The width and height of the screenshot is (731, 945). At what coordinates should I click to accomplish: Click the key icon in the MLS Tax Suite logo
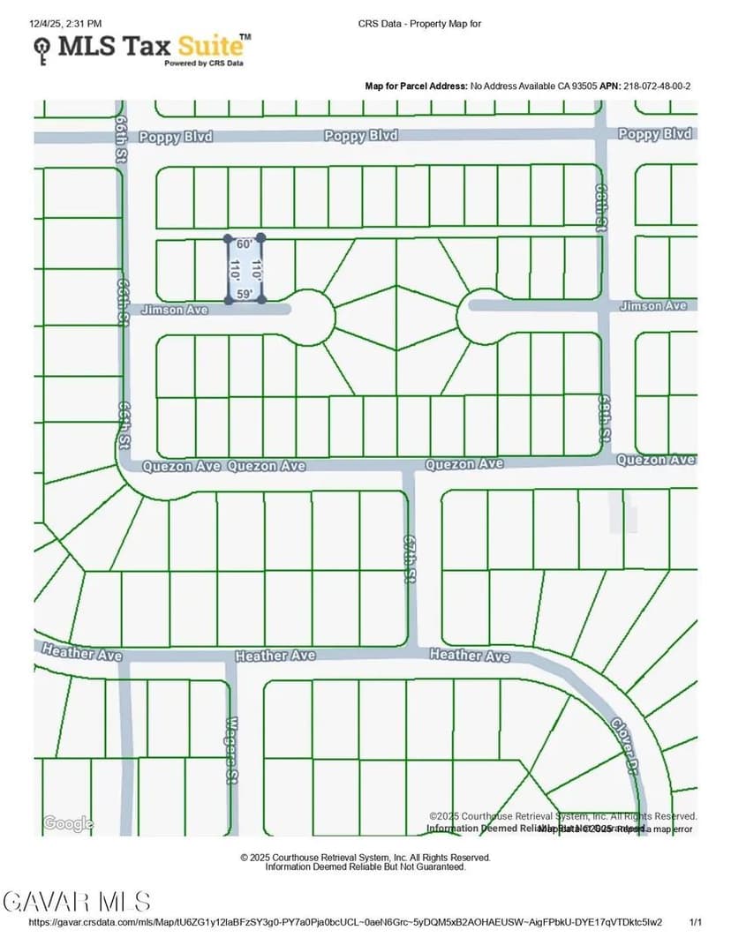coord(41,51)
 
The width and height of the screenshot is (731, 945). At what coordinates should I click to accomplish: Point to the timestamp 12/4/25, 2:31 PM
coord(65,23)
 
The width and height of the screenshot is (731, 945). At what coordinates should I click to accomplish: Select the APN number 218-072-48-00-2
coord(657,86)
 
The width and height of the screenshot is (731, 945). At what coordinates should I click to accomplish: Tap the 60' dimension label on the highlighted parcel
coord(245,244)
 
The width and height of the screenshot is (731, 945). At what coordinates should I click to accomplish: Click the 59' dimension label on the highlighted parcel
coord(245,294)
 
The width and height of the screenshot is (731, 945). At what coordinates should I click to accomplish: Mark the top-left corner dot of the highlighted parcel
coord(228,239)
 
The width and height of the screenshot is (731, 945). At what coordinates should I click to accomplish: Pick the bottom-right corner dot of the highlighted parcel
coord(261,300)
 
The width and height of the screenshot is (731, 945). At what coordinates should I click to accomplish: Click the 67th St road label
coord(409,558)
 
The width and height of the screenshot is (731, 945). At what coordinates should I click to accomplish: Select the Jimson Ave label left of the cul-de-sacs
coord(174,310)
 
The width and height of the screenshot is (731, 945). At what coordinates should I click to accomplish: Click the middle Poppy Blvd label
coord(360,136)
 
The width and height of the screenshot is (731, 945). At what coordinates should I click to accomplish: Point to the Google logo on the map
coord(68,823)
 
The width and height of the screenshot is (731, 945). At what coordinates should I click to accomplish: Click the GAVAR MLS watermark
coord(77,901)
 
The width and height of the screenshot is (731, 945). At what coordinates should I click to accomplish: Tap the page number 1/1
coord(696,922)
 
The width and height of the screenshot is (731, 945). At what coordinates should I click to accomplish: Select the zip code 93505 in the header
coord(583,86)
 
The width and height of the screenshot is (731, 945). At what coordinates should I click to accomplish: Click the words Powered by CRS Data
coord(203,64)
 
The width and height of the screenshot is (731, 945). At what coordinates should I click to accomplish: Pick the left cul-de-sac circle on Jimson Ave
coord(309,316)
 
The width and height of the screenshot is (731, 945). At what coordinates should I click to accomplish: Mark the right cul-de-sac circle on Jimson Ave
coord(482,315)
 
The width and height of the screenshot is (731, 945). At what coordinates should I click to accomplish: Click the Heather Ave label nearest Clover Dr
coord(470,656)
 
